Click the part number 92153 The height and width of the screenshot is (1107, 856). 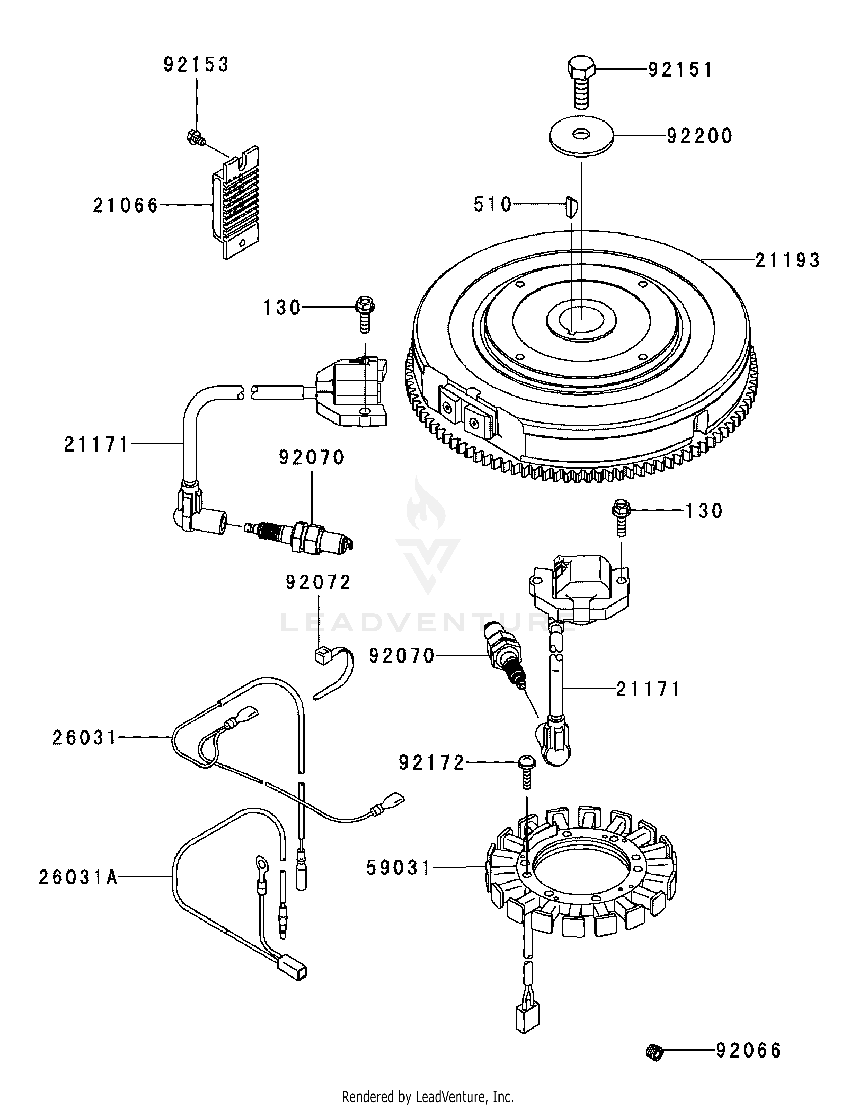click(x=196, y=65)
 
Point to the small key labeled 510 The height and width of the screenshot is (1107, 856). click(x=570, y=207)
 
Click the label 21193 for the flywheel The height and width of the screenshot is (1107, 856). click(x=787, y=261)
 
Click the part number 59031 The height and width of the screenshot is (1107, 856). click(x=398, y=868)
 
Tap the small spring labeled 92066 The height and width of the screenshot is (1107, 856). click(x=656, y=1052)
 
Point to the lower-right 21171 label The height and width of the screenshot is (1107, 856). click(x=648, y=689)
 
